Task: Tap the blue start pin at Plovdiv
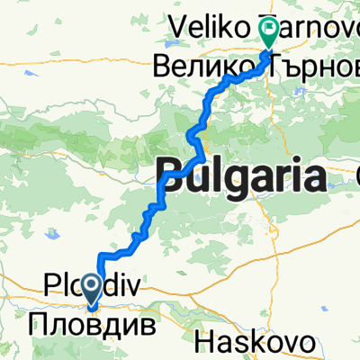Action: [x=93, y=288]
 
